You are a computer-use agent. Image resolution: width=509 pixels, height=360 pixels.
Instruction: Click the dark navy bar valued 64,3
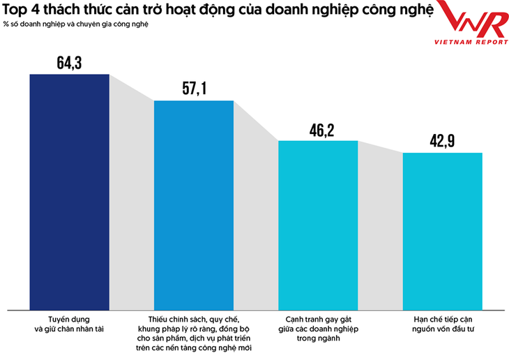coord(69,192)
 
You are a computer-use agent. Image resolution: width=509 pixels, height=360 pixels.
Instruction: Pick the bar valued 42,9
coord(443,230)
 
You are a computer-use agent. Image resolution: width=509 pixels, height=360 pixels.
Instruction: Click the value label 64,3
coord(69,63)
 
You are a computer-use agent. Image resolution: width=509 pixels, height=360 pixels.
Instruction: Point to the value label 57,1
coord(193,89)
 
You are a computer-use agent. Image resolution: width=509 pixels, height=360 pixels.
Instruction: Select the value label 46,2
coord(318,130)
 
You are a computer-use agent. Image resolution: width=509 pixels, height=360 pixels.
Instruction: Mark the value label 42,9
coord(443,141)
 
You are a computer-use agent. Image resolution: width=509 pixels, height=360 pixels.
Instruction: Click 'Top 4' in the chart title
coord(21,11)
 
